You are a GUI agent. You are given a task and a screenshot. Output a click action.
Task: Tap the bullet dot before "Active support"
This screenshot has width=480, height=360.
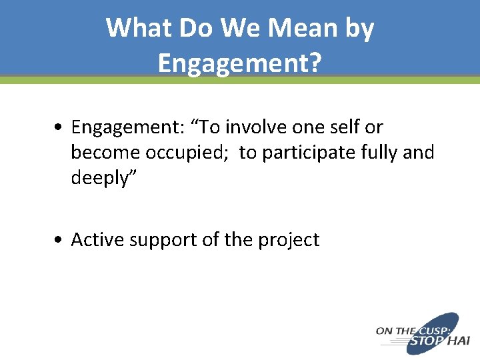point(61,240)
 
